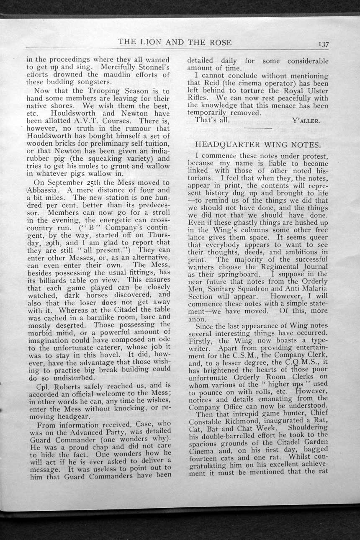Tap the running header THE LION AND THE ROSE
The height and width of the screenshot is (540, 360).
[x=175, y=42]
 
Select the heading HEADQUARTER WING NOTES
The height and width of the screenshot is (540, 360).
[x=258, y=145]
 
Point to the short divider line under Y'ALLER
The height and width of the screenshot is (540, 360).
[x=257, y=128]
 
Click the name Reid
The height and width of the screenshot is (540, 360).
[x=213, y=83]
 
